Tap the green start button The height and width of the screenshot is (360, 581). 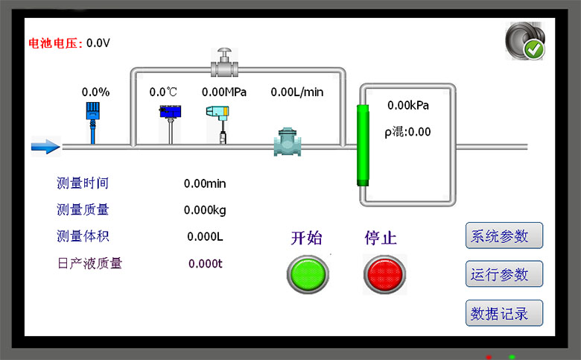(308, 274)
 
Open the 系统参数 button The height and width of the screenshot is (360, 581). (504, 236)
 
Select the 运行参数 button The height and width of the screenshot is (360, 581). (504, 274)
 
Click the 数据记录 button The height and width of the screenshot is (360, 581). (504, 314)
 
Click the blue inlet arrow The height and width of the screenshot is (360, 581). (45, 147)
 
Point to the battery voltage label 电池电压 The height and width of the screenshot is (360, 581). (55, 43)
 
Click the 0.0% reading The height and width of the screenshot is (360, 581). (95, 92)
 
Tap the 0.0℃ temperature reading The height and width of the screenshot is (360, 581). (164, 92)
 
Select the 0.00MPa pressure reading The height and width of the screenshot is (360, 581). (224, 92)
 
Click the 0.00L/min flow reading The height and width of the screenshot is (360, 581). (297, 92)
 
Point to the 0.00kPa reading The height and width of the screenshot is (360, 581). (408, 105)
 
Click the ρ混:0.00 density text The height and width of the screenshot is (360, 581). (408, 132)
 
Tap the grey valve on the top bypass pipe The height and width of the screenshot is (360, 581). (223, 64)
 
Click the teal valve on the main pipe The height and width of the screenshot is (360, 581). (287, 143)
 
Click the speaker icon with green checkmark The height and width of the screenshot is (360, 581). (524, 41)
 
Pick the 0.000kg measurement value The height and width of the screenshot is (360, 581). (205, 210)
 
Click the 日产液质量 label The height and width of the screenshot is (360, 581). (89, 263)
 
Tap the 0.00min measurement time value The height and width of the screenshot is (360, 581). (205, 183)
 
